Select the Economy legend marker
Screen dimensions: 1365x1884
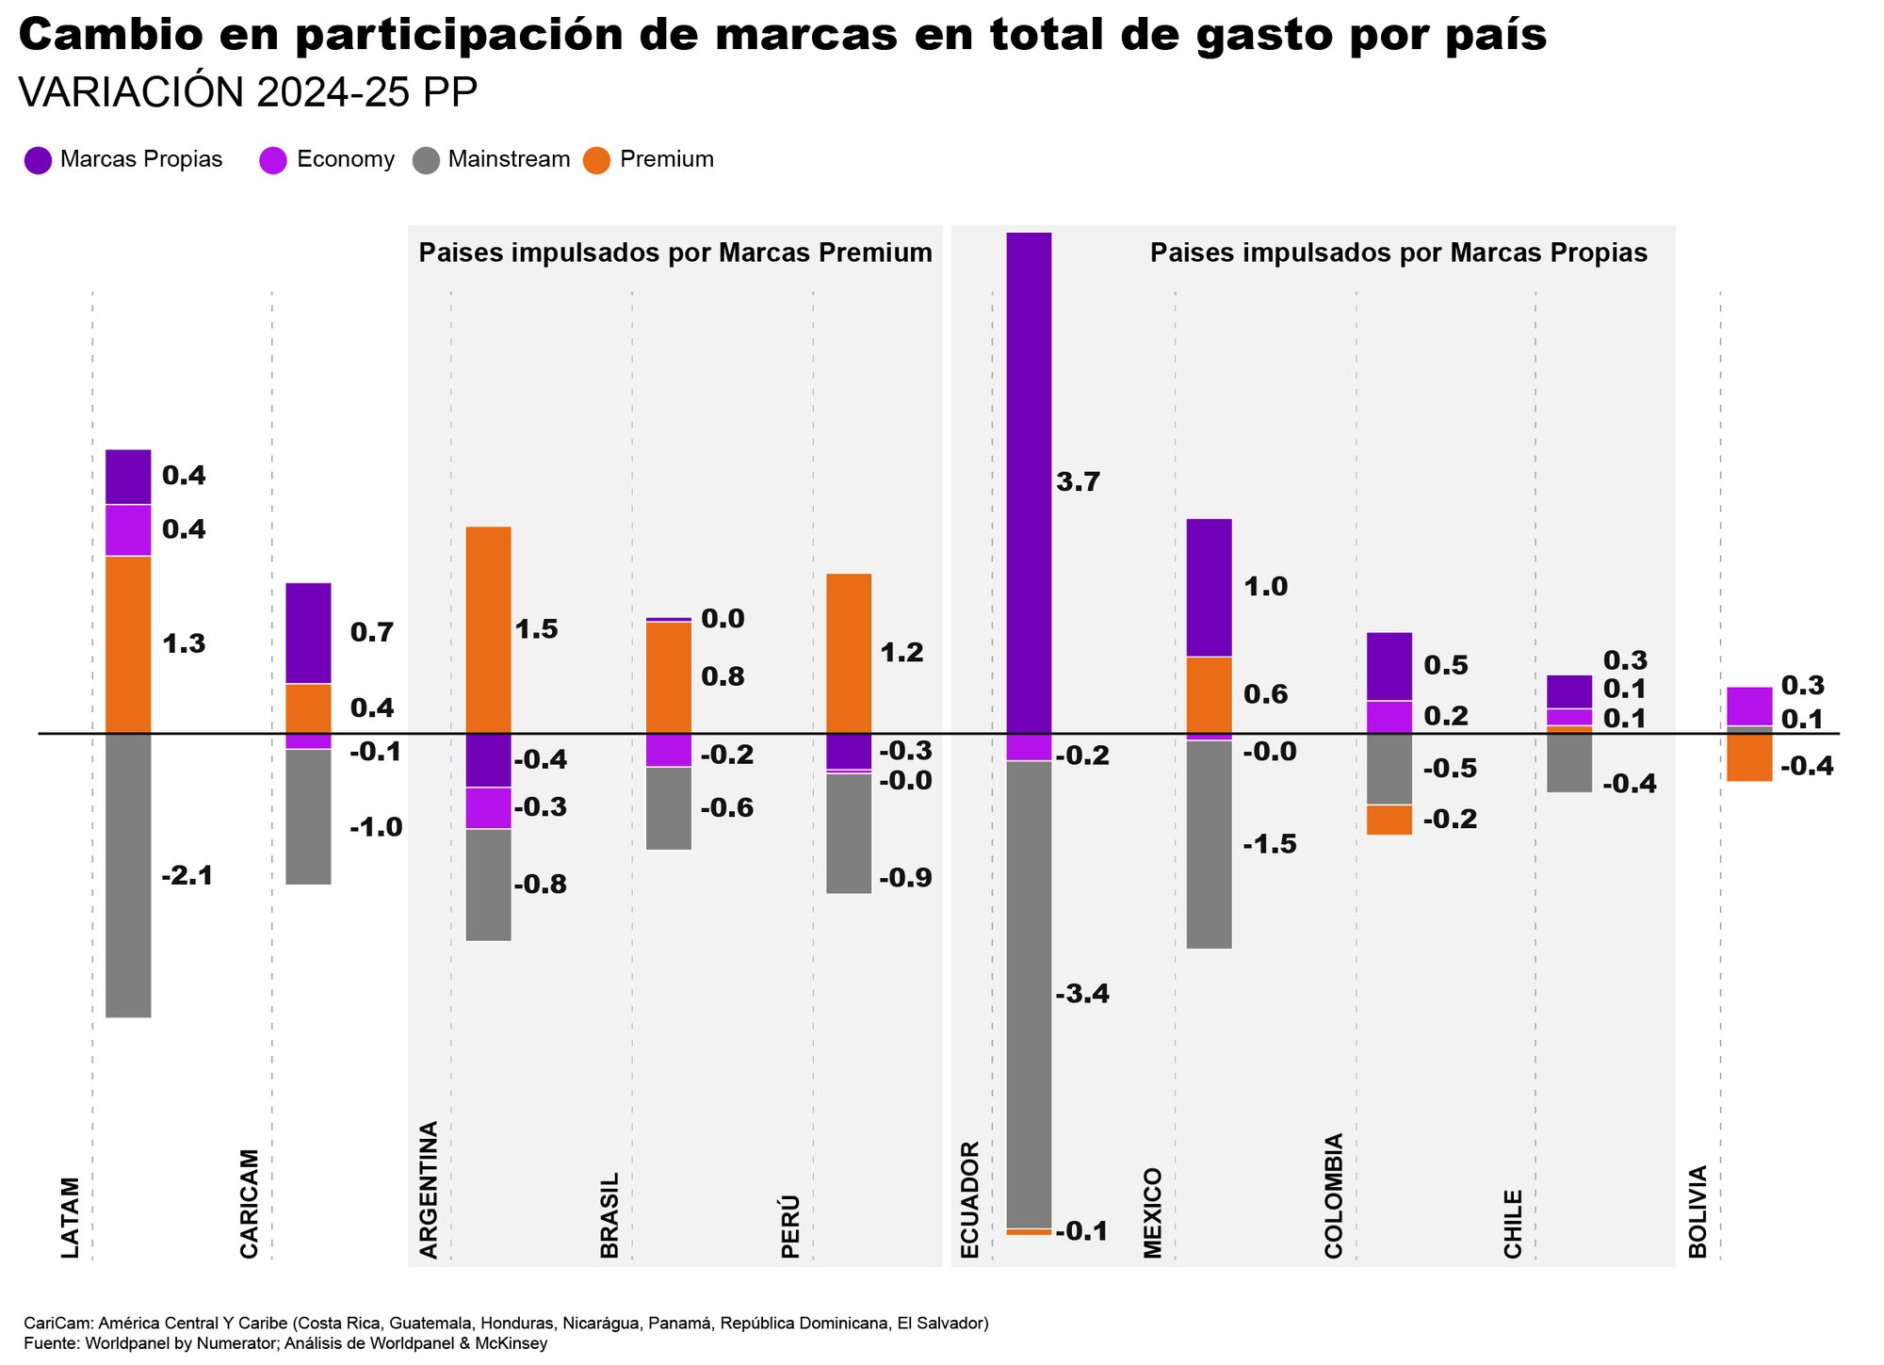[x=273, y=160]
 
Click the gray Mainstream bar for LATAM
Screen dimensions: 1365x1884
[x=128, y=875]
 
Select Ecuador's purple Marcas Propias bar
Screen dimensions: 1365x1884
[x=1029, y=482]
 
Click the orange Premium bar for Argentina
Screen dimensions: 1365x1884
[x=489, y=629]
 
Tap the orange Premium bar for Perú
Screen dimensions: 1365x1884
[x=849, y=653]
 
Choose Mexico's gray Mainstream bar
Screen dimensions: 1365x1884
[x=1210, y=844]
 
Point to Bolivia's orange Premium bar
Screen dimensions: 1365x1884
[x=1749, y=757]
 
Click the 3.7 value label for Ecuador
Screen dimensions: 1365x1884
[x=1079, y=483]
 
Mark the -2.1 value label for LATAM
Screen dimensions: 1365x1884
[x=187, y=876]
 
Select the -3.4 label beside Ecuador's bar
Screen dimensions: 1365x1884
[x=1082, y=995]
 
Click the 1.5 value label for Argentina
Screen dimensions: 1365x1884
[x=537, y=630]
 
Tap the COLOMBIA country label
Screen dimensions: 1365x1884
[x=1333, y=1195]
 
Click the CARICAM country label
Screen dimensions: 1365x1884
[x=249, y=1203]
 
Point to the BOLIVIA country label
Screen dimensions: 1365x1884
[x=1697, y=1211]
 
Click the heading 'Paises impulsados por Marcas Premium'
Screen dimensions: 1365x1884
[x=675, y=252]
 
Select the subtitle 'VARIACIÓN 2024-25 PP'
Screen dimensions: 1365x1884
[x=249, y=93]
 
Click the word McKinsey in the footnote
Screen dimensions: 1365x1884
[x=513, y=1343]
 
